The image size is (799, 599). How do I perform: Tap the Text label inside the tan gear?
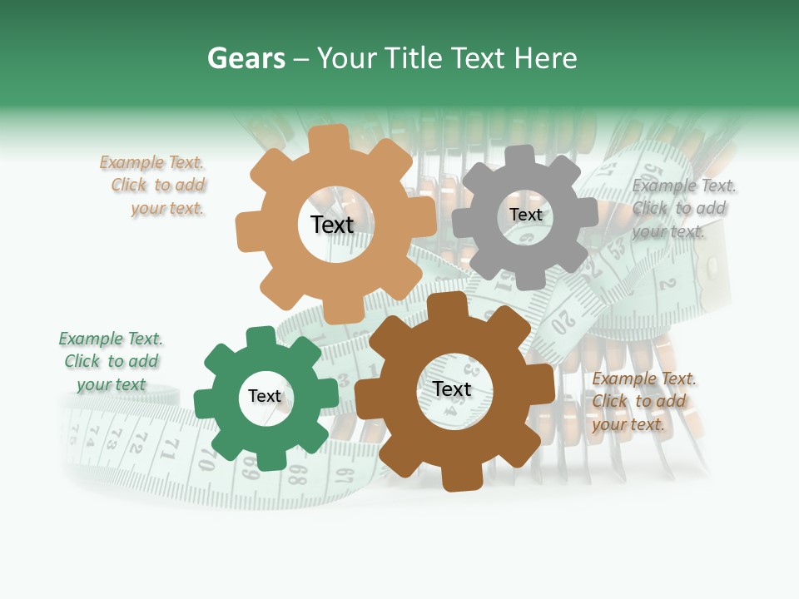(x=332, y=225)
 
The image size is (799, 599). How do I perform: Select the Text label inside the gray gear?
(x=525, y=215)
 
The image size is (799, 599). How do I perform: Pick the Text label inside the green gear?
(x=265, y=396)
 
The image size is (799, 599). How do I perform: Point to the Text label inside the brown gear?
(x=452, y=389)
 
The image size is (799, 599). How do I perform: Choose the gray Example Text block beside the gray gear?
(x=682, y=208)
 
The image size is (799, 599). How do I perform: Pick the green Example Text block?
(x=111, y=361)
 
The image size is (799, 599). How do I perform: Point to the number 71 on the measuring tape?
(x=171, y=449)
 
